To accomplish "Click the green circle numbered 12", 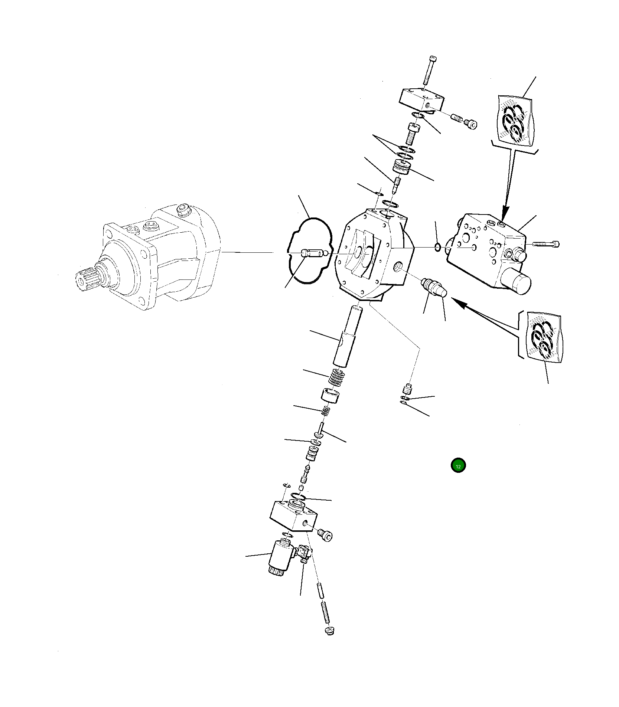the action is coord(458,466).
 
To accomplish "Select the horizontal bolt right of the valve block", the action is coord(546,244).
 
